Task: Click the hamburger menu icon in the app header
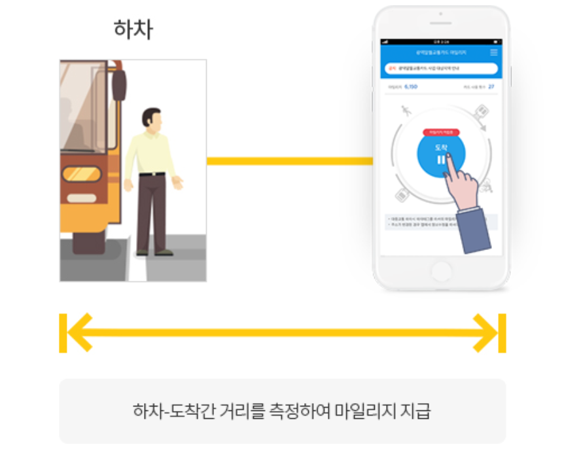pos(494,52)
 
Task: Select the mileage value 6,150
pos(411,86)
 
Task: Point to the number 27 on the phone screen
pos(491,86)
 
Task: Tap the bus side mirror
pos(118,84)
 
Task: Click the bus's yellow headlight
pos(81,174)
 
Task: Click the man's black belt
pos(152,174)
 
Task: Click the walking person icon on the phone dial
pos(407,110)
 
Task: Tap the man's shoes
pos(154,252)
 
